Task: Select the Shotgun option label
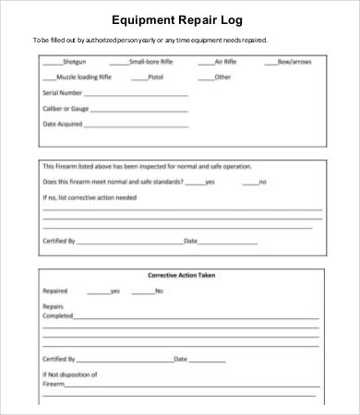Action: [74, 63]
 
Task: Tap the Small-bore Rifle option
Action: [150, 63]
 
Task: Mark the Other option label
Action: [222, 77]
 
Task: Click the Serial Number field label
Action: [64, 93]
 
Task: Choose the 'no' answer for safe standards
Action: [262, 183]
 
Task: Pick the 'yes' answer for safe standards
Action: [210, 183]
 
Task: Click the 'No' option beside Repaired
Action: [159, 290]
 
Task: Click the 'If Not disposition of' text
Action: [70, 374]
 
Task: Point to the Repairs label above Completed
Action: [54, 306]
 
